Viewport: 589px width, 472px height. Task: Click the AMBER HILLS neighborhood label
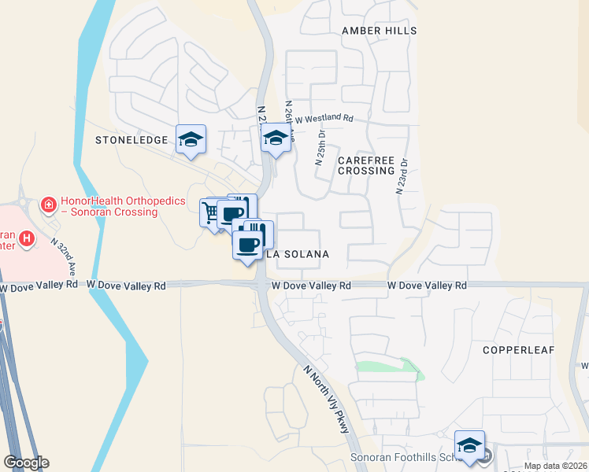378,30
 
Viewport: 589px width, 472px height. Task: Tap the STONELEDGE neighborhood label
132,140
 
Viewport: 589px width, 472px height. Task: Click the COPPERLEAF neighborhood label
519,349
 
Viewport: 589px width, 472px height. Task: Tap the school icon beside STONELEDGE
191,139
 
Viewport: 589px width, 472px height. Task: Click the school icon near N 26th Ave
276,138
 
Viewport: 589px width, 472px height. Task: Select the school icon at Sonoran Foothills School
469,444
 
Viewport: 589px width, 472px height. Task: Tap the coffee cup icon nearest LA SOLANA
247,244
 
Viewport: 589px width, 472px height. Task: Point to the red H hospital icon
28,238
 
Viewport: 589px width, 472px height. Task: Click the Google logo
25,463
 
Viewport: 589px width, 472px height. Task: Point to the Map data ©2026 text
554,466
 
